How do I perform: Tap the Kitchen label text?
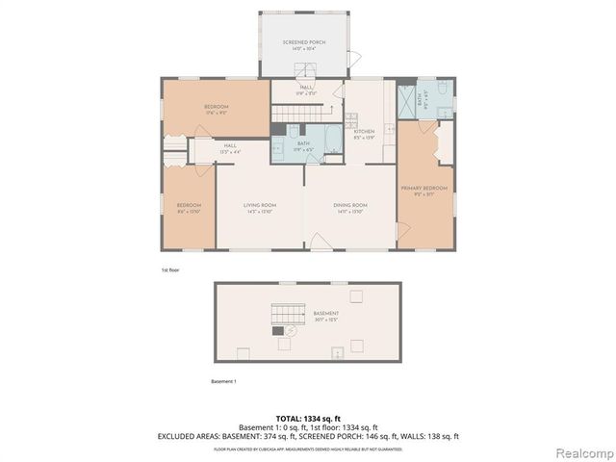pyautogui.click(x=364, y=132)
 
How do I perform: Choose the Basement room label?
pyautogui.click(x=325, y=315)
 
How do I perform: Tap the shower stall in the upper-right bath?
pyautogui.click(x=406, y=99)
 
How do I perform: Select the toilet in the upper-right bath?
pyautogui.click(x=440, y=90)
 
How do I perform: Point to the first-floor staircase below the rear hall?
pyautogui.click(x=290, y=115)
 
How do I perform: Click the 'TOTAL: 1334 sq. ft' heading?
pyautogui.click(x=308, y=419)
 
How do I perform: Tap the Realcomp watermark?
pyautogui.click(x=583, y=451)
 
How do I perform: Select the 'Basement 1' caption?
pyautogui.click(x=223, y=381)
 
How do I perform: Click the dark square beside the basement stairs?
pyautogui.click(x=279, y=331)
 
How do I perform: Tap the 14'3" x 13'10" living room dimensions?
pyautogui.click(x=260, y=212)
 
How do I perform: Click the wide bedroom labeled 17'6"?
pyautogui.click(x=215, y=109)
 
